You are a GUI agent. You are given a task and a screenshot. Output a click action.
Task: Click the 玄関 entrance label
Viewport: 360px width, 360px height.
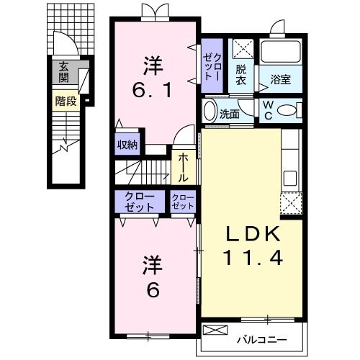coord(63,72)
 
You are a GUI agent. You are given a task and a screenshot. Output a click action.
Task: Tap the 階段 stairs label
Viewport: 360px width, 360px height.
coord(66,102)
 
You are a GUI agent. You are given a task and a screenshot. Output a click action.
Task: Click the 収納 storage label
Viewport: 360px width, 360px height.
coord(127,144)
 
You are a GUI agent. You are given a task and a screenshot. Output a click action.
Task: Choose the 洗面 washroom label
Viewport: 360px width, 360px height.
coord(230,114)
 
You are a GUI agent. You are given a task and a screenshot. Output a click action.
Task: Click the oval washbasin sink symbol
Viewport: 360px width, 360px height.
coord(210,111)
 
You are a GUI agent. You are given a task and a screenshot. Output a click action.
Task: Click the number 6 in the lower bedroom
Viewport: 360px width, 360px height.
coord(153,291)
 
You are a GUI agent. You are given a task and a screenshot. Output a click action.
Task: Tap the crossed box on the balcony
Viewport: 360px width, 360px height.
coord(214,330)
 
